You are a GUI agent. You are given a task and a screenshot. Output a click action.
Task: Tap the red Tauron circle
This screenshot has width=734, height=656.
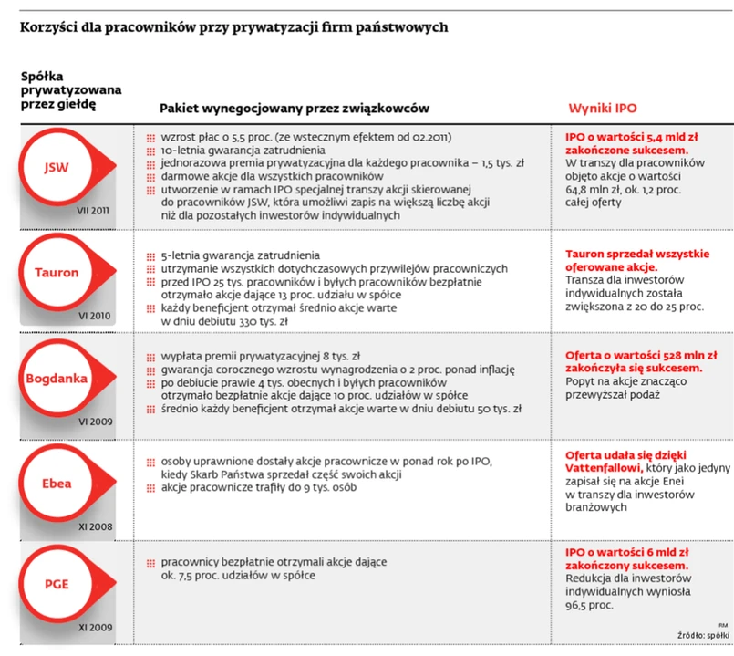click(x=57, y=272)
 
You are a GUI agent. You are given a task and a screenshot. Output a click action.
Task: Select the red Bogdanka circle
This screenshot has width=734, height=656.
click(x=57, y=378)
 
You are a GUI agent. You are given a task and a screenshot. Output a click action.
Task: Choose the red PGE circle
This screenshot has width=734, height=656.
click(x=57, y=585)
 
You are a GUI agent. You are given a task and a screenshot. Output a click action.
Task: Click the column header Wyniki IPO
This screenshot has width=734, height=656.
click(x=603, y=108)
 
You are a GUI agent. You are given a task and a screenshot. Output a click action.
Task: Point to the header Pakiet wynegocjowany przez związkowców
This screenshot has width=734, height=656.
click(x=295, y=108)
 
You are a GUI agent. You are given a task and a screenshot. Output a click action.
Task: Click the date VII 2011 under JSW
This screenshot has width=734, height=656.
click(x=94, y=211)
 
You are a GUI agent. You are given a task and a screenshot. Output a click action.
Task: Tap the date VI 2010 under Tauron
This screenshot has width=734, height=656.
click(x=94, y=315)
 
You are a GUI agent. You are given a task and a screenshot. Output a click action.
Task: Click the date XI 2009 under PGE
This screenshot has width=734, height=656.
click(x=94, y=628)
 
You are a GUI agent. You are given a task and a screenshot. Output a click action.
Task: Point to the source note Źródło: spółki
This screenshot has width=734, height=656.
click(x=703, y=634)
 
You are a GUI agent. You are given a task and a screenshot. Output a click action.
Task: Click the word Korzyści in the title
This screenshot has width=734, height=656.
click(x=48, y=27)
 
